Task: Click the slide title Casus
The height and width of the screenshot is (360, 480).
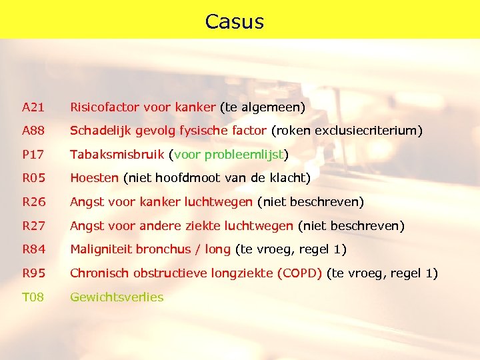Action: click(x=235, y=21)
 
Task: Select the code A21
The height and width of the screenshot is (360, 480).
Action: click(x=32, y=107)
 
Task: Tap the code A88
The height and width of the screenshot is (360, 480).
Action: click(x=32, y=131)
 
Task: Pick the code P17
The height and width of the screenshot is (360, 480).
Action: click(x=32, y=155)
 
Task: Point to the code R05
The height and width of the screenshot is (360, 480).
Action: click(x=32, y=178)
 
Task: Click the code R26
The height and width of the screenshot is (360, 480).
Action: click(x=32, y=202)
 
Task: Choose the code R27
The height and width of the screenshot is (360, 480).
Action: click(x=32, y=226)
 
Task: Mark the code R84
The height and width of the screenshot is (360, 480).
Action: click(x=32, y=249)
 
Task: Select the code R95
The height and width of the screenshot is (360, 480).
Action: click(x=32, y=273)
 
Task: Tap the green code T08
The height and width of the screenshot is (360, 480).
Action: click(x=32, y=297)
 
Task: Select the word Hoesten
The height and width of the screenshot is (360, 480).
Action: click(x=94, y=178)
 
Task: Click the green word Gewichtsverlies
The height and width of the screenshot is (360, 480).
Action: click(x=117, y=297)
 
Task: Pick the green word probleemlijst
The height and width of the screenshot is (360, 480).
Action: click(x=245, y=155)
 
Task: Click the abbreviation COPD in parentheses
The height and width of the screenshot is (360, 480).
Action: click(x=301, y=273)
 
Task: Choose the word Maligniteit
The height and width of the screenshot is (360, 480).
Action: click(x=101, y=249)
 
